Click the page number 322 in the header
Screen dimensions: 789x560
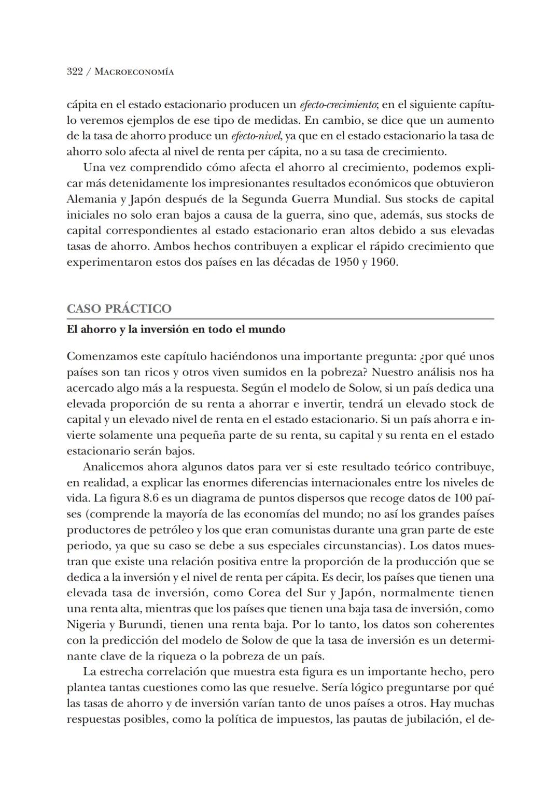(75, 72)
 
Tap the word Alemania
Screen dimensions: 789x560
(89, 199)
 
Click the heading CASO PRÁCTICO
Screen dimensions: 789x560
(119, 309)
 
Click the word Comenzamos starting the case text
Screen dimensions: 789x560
(100, 357)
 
